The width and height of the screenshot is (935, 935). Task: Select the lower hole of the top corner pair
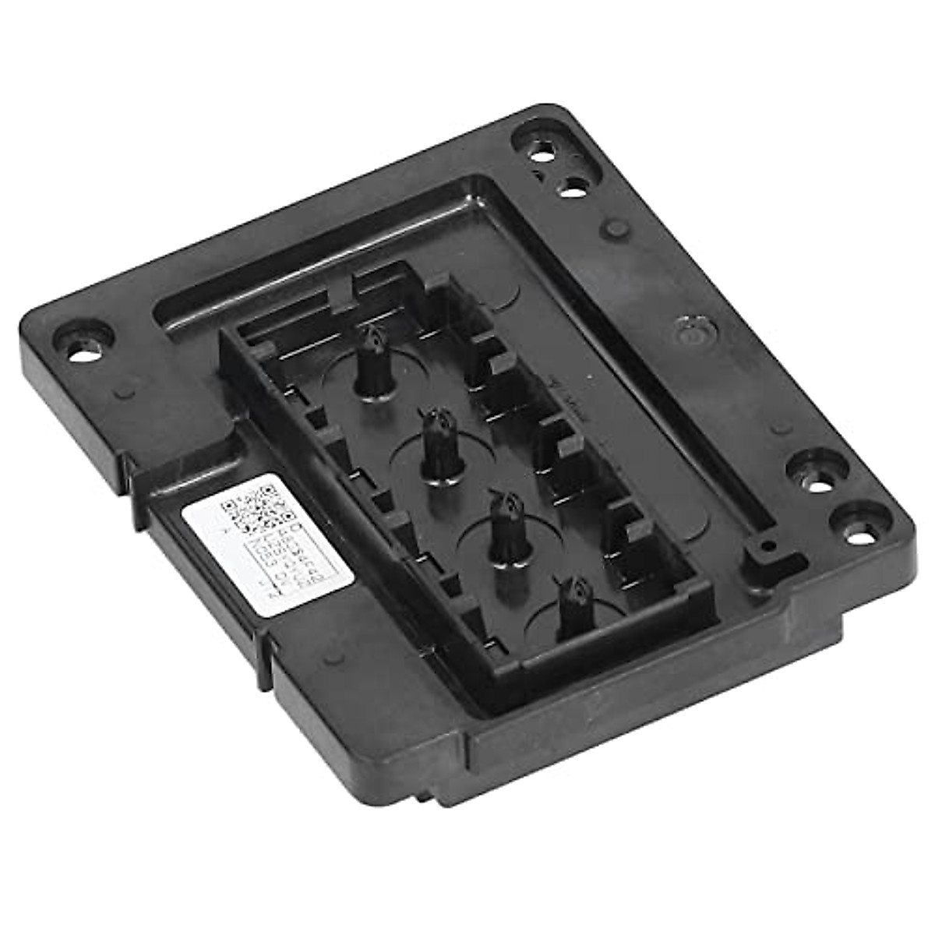(x=573, y=186)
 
